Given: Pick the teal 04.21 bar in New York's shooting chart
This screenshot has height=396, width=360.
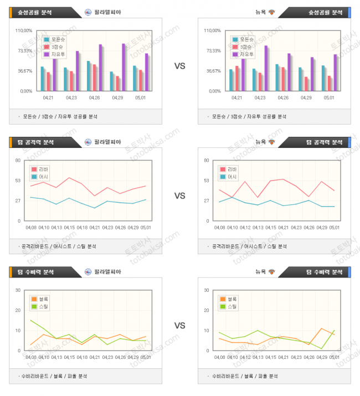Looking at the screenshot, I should point(231,80).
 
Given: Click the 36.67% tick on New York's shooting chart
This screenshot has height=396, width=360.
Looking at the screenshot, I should point(213,71).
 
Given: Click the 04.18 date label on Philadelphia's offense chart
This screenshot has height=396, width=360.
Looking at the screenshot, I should point(82,228).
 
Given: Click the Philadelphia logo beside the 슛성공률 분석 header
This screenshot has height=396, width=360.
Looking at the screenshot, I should point(88,12).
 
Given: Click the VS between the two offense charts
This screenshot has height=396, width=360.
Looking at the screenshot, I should point(179,196).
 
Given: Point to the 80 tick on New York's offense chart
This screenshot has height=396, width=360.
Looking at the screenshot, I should point(207,161).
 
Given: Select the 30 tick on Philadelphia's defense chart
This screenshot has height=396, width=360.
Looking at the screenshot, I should point(18,290).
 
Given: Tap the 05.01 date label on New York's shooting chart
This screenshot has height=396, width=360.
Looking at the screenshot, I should point(329,97).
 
